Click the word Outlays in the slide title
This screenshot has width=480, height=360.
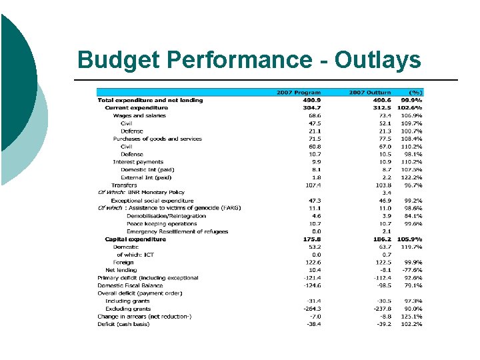[x=377, y=60]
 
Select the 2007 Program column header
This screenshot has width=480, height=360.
[x=299, y=93]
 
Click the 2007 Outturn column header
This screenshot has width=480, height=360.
[x=371, y=93]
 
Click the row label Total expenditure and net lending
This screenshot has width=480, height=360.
[x=150, y=100]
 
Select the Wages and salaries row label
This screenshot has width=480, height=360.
[x=139, y=115]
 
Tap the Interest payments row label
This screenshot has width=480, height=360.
[x=138, y=162]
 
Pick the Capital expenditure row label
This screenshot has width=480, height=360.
[x=135, y=239]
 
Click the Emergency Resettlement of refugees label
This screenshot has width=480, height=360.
[x=177, y=231]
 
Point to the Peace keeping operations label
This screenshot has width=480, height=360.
[x=162, y=224]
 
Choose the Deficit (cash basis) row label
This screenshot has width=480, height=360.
[x=124, y=324]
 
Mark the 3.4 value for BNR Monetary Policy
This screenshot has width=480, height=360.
[x=386, y=193]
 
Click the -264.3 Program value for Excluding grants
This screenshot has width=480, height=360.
[x=311, y=309]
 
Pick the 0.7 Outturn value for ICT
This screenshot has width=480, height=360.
[x=386, y=255]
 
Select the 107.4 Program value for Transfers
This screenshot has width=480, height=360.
[x=311, y=185]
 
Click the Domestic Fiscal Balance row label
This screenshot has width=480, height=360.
[x=130, y=285]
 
